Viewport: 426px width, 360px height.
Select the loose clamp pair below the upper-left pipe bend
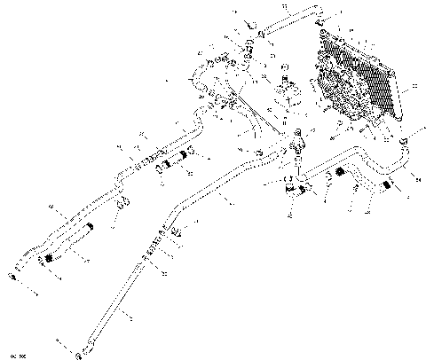124,203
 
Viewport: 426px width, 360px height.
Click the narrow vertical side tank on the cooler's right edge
396,84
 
